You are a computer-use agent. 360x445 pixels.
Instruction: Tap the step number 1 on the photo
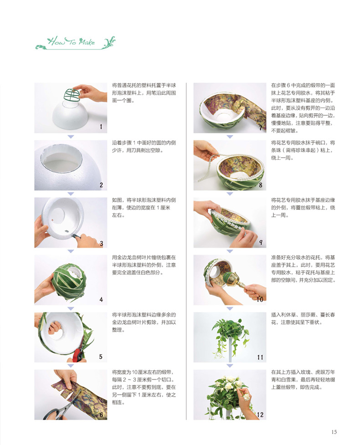[x=101, y=127]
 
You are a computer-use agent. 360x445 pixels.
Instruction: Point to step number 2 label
[x=101, y=185]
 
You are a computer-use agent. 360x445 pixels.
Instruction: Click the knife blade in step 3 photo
[x=73, y=235]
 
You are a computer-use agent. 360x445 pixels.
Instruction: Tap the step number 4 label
[x=101, y=299]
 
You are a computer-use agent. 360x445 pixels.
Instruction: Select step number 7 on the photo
[x=260, y=128]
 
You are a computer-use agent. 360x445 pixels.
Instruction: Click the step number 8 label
[x=260, y=185]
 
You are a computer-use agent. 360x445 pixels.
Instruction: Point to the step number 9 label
[x=260, y=242]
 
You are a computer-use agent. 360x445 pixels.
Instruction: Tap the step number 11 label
[x=260, y=357]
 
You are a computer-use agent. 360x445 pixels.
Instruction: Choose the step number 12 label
[x=260, y=414]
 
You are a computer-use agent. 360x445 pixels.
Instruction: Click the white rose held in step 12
[x=246, y=396]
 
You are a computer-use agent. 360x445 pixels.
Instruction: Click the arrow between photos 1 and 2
[x=70, y=136]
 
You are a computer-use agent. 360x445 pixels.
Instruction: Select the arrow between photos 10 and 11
[x=230, y=308]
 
